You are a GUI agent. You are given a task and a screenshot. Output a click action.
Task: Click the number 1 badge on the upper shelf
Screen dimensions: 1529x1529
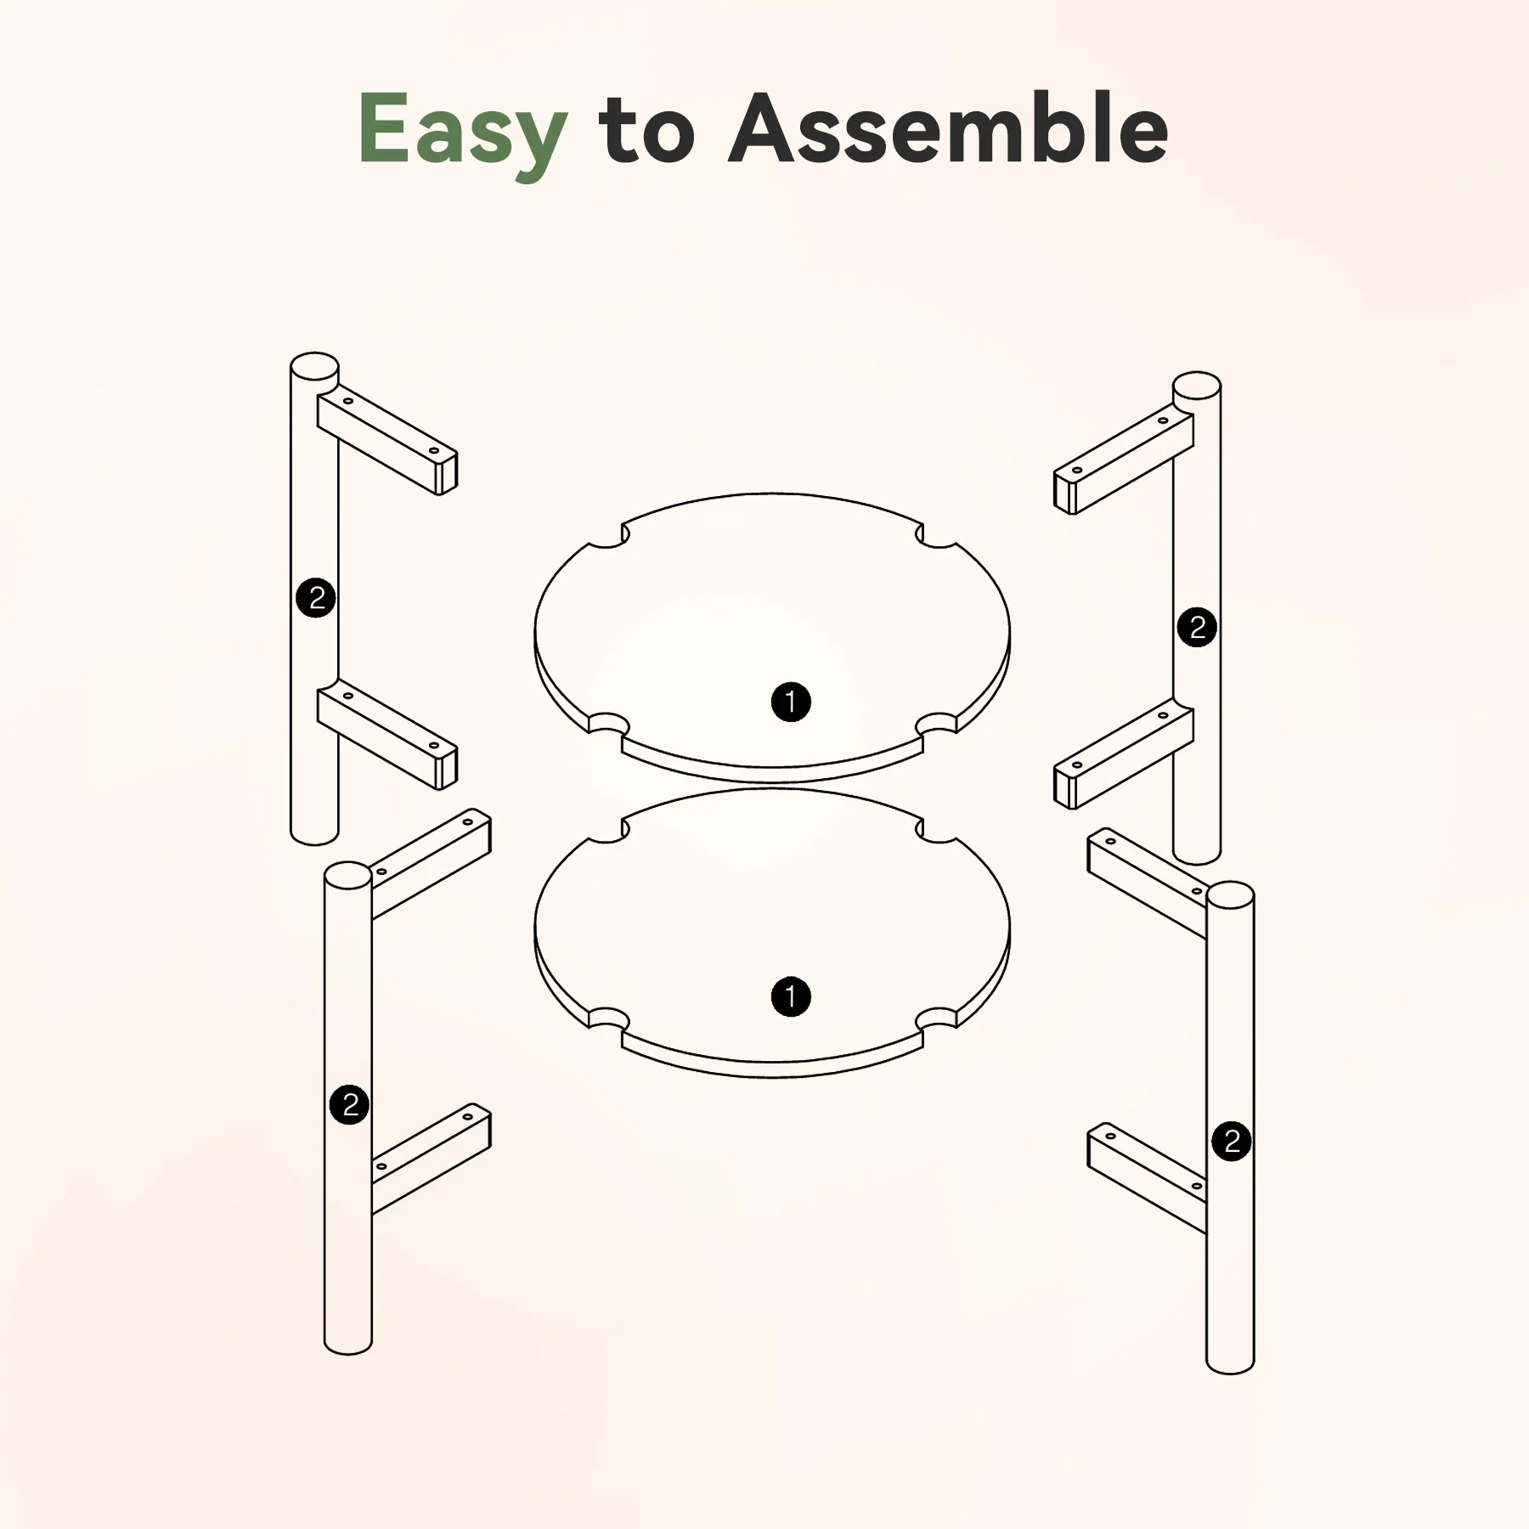(x=791, y=702)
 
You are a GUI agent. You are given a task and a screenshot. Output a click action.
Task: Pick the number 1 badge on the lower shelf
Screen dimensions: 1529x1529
(x=791, y=996)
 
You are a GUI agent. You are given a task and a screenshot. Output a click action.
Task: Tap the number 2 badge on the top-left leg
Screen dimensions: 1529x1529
(x=316, y=598)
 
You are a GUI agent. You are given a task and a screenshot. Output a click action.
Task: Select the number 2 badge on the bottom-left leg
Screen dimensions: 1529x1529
(x=349, y=1104)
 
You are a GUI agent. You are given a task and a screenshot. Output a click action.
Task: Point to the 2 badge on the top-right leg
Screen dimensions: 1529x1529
(x=1197, y=627)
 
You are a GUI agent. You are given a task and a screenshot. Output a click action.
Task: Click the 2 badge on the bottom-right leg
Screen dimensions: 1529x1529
(x=1232, y=1141)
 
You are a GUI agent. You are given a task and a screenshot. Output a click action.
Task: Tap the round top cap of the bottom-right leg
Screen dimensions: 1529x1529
(x=1230, y=895)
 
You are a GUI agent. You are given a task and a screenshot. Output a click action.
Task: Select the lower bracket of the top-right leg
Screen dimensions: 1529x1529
(x=1124, y=754)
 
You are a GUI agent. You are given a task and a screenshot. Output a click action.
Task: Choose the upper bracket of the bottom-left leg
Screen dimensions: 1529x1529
(x=431, y=863)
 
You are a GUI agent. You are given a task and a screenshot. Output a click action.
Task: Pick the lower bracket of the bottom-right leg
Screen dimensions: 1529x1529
(x=1147, y=1177)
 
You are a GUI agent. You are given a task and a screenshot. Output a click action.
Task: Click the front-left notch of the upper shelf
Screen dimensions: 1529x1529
(x=608, y=725)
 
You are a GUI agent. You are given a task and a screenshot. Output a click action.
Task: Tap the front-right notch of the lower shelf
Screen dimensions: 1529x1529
(x=936, y=1020)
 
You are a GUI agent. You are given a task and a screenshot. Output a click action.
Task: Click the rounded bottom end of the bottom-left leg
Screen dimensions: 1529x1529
(x=348, y=1345)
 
